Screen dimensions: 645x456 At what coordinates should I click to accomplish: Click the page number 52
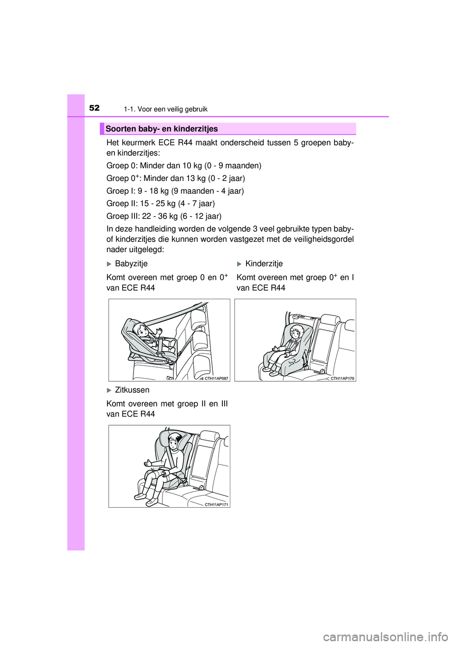[94, 108]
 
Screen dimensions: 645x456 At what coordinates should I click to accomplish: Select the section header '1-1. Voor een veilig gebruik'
[165, 109]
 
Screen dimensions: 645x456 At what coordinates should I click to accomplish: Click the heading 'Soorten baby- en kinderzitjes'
[161, 129]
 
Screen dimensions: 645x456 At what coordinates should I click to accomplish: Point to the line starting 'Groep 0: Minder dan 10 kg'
[183, 166]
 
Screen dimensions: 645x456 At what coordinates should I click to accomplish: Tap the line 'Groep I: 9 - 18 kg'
[175, 191]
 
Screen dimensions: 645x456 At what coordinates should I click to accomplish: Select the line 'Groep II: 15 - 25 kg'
[160, 203]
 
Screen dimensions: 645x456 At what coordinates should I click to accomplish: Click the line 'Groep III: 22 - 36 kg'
[163, 216]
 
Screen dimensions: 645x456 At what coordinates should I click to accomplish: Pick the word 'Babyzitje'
[131, 264]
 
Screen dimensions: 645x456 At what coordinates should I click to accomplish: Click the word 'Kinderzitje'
[264, 264]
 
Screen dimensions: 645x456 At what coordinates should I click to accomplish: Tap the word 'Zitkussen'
[132, 390]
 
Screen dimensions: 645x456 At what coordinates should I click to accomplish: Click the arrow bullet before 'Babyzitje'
[109, 264]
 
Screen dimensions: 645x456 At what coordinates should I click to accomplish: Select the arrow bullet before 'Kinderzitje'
[239, 264]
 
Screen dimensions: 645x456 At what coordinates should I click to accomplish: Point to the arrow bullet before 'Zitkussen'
[109, 390]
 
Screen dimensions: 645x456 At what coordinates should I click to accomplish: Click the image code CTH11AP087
[216, 379]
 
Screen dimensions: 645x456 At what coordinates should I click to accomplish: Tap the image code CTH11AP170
[342, 379]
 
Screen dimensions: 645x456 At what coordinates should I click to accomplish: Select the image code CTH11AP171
[216, 505]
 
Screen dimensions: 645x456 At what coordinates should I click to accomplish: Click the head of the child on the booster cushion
[175, 442]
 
